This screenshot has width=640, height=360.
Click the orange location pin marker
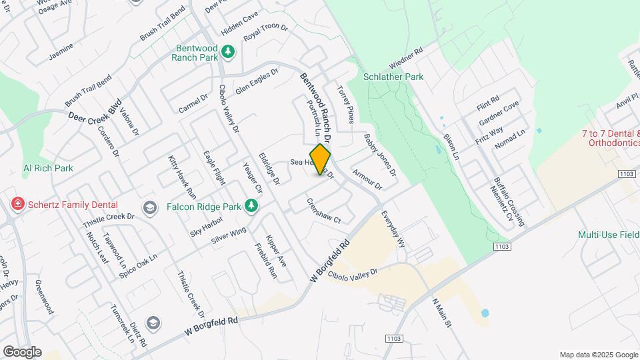321,159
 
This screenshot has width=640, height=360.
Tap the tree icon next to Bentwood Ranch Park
228,51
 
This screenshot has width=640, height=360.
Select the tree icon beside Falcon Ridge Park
251,207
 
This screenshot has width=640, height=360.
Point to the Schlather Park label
393,77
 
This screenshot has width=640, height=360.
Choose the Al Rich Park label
48,168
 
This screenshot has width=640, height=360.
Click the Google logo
22,352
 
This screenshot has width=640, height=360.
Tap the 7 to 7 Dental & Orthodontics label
611,137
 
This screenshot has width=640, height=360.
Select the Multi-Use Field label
608,235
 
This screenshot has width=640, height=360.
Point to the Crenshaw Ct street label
324,211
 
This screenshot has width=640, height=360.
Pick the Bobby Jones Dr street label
380,155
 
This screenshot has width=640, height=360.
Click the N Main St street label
442,313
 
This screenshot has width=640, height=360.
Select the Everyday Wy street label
393,230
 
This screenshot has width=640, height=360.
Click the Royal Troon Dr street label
265,32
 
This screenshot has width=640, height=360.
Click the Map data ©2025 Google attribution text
598,355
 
